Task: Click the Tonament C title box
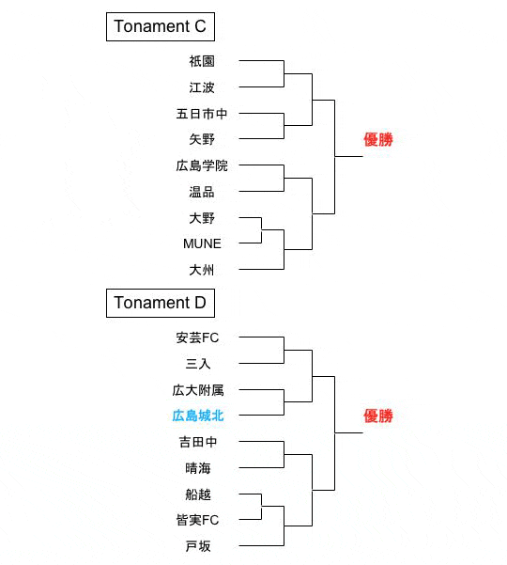pyautogui.click(x=161, y=26)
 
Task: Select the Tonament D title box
pyautogui.click(x=161, y=303)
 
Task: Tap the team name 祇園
pyautogui.click(x=202, y=61)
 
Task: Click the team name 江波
pyautogui.click(x=202, y=87)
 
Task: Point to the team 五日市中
pyautogui.click(x=202, y=114)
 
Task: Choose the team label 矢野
pyautogui.click(x=202, y=139)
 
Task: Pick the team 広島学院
pyautogui.click(x=202, y=165)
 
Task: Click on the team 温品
pyautogui.click(x=202, y=192)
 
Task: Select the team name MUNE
pyautogui.click(x=202, y=243)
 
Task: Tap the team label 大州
pyautogui.click(x=202, y=270)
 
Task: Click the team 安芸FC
pyautogui.click(x=197, y=338)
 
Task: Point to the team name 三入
pyautogui.click(x=198, y=364)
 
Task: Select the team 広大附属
pyautogui.click(x=198, y=390)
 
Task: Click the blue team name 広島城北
pyautogui.click(x=198, y=416)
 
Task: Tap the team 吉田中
pyautogui.click(x=198, y=442)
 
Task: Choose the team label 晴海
pyautogui.click(x=198, y=468)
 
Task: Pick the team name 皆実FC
pyautogui.click(x=197, y=520)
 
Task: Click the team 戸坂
pyautogui.click(x=198, y=546)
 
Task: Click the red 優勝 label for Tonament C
pyautogui.click(x=377, y=140)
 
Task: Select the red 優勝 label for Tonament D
pyautogui.click(x=377, y=416)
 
